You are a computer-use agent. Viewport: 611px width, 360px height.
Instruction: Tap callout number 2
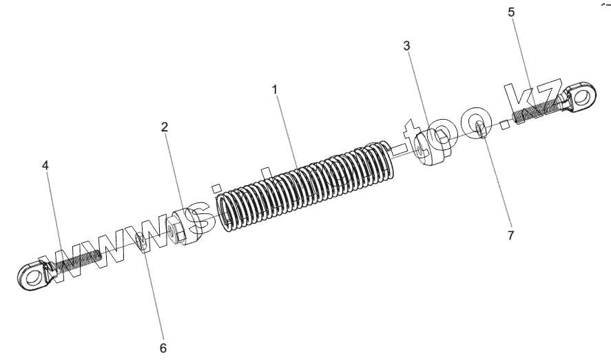pos(165,127)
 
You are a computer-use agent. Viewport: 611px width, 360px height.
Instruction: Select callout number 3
pos(407,46)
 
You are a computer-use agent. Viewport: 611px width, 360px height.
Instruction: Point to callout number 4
pos(45,166)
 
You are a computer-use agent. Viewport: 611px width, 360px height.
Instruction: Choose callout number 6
pos(163,348)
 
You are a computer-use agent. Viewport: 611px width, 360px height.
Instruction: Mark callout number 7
pos(510,235)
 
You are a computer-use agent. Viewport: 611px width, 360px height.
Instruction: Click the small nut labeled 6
pos(143,242)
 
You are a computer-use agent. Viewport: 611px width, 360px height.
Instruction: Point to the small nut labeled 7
pos(479,128)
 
